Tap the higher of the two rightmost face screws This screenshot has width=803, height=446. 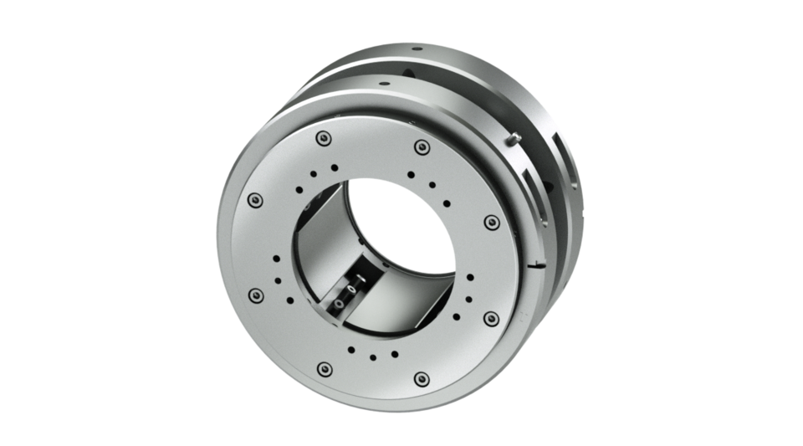(492, 222)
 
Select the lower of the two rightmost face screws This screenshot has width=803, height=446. (491, 318)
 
